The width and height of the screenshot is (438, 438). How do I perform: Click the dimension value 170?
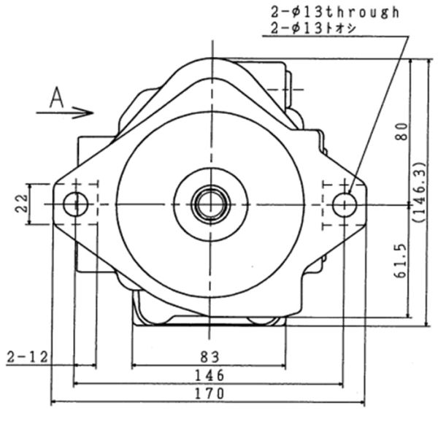(x=210, y=393)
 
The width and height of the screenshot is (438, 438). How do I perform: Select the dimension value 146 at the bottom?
(x=210, y=375)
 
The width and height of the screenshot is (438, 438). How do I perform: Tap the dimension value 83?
(x=210, y=357)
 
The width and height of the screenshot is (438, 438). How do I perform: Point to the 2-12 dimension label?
(x=27, y=357)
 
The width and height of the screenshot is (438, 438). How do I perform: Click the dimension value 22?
(x=22, y=204)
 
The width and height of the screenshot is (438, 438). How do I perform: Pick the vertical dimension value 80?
(x=402, y=131)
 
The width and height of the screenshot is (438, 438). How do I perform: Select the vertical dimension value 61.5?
(x=401, y=261)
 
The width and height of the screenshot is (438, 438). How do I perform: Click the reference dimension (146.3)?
(x=420, y=192)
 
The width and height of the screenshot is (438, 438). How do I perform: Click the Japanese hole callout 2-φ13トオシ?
(x=313, y=28)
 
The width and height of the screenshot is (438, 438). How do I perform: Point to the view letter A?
(x=57, y=98)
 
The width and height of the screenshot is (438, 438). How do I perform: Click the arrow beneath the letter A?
(x=65, y=112)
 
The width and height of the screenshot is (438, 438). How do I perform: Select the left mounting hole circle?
(x=76, y=204)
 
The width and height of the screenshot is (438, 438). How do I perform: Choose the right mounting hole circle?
(x=345, y=205)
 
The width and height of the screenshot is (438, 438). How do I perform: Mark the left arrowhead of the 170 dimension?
(x=54, y=402)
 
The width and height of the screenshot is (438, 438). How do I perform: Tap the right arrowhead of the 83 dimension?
(x=283, y=365)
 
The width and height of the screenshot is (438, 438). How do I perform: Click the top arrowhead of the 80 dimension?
(x=410, y=63)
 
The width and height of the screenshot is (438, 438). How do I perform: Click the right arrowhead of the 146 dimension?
(x=339, y=384)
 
